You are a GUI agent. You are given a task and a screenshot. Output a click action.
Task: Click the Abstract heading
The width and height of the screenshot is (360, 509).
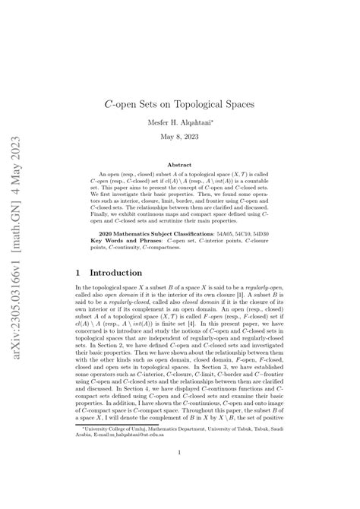click(x=179, y=163)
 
